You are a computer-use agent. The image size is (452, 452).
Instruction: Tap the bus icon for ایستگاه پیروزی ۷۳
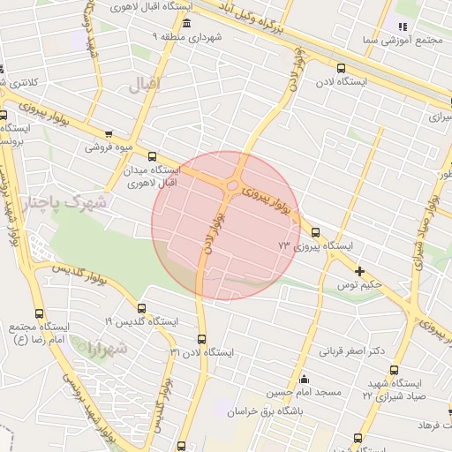point(315,232)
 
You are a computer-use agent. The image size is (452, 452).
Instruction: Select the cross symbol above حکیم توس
point(358,271)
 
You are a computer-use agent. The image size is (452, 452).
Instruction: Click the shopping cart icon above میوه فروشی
point(108,135)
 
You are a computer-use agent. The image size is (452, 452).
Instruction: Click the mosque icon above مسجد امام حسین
point(304,378)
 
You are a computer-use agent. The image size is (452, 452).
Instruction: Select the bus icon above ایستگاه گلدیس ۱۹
point(143,307)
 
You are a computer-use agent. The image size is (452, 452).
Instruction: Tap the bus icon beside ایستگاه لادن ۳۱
point(201,339)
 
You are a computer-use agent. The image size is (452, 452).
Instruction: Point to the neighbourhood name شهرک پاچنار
point(65,203)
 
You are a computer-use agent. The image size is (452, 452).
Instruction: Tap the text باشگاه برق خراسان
point(264,411)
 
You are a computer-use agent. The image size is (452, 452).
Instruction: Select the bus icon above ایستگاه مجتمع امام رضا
point(39,313)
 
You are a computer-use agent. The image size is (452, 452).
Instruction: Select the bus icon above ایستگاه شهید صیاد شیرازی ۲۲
point(393,371)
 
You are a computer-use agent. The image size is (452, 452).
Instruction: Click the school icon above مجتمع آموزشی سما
point(403,26)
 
